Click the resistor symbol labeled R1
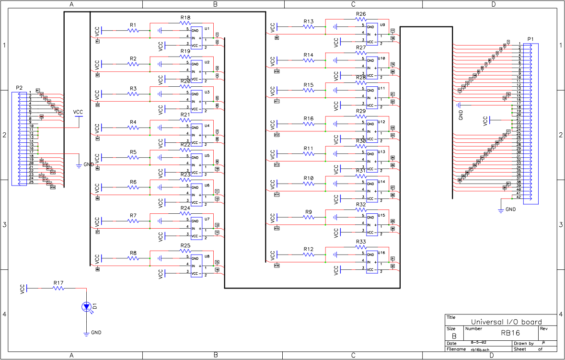(x=133, y=31)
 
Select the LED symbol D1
(x=86, y=306)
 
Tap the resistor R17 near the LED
(x=58, y=288)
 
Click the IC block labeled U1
(x=196, y=37)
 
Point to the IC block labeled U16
(x=372, y=262)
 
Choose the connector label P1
(x=530, y=39)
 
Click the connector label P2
(x=19, y=88)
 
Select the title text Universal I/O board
(x=507, y=322)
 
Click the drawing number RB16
(x=511, y=332)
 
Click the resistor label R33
(x=361, y=242)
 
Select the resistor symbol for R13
(x=308, y=27)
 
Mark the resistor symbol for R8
(x=133, y=258)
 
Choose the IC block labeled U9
(x=372, y=34)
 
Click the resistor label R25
(x=185, y=245)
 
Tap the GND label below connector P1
(x=510, y=209)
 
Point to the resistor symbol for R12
(x=308, y=255)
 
